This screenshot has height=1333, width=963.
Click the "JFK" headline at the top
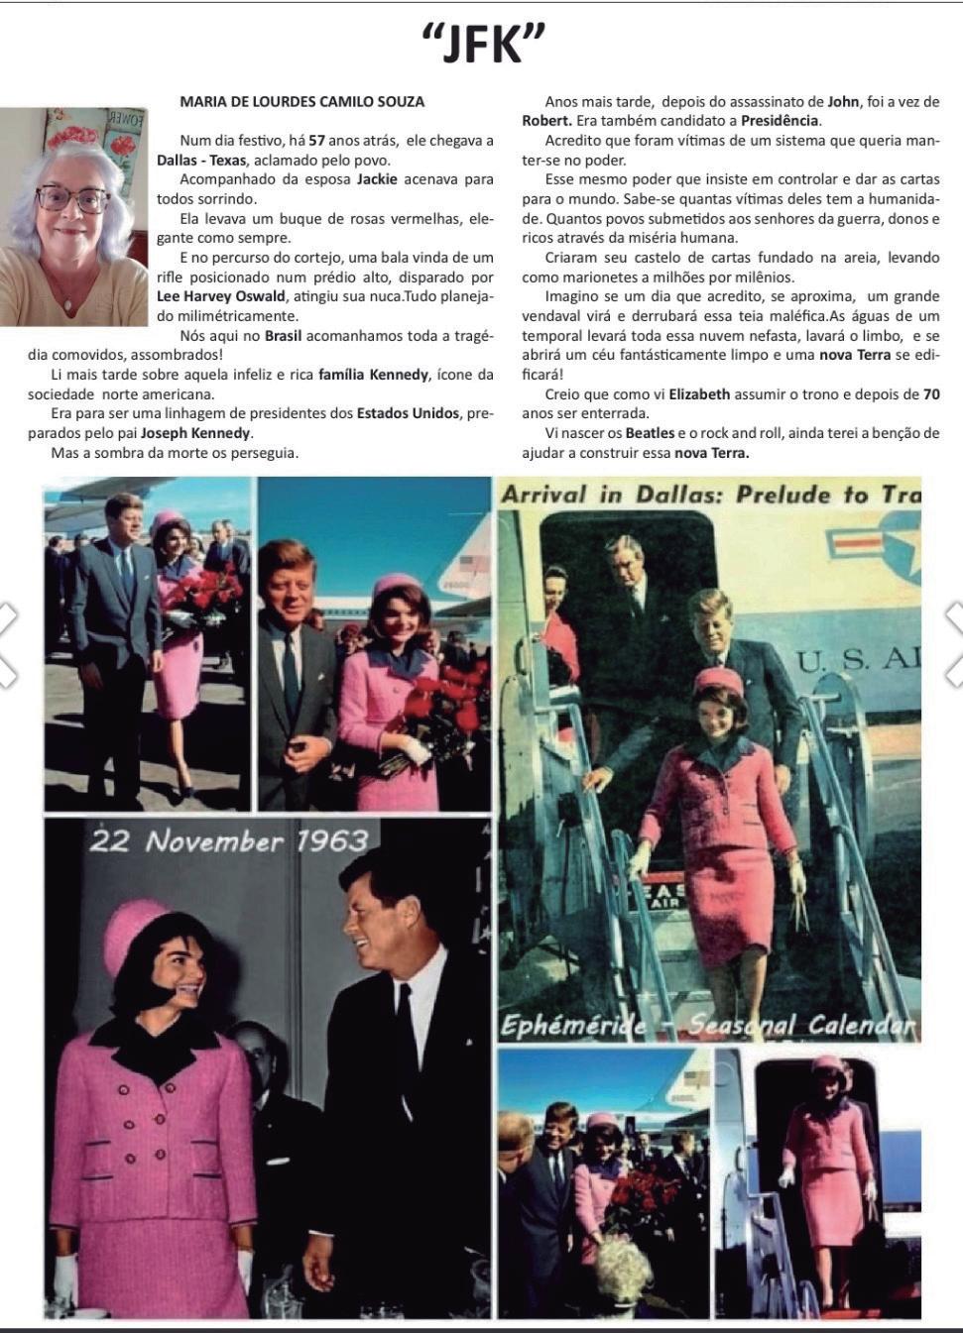(483, 45)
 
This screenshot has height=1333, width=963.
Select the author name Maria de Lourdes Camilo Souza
(302, 101)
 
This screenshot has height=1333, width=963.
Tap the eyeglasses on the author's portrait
(72, 199)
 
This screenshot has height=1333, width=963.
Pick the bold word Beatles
(650, 433)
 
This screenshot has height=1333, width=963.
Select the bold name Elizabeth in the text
(699, 394)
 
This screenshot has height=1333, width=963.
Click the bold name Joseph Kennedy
(195, 433)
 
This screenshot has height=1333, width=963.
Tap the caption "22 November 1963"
(229, 841)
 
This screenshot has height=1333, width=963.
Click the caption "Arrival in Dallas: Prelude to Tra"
(710, 495)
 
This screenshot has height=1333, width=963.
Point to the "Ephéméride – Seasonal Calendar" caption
(708, 1024)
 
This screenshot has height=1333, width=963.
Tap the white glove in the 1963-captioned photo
(66, 1279)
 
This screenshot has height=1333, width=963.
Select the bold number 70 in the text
(930, 394)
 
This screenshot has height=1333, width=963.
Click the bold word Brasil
(283, 335)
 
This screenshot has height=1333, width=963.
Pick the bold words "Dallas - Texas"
(201, 161)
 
